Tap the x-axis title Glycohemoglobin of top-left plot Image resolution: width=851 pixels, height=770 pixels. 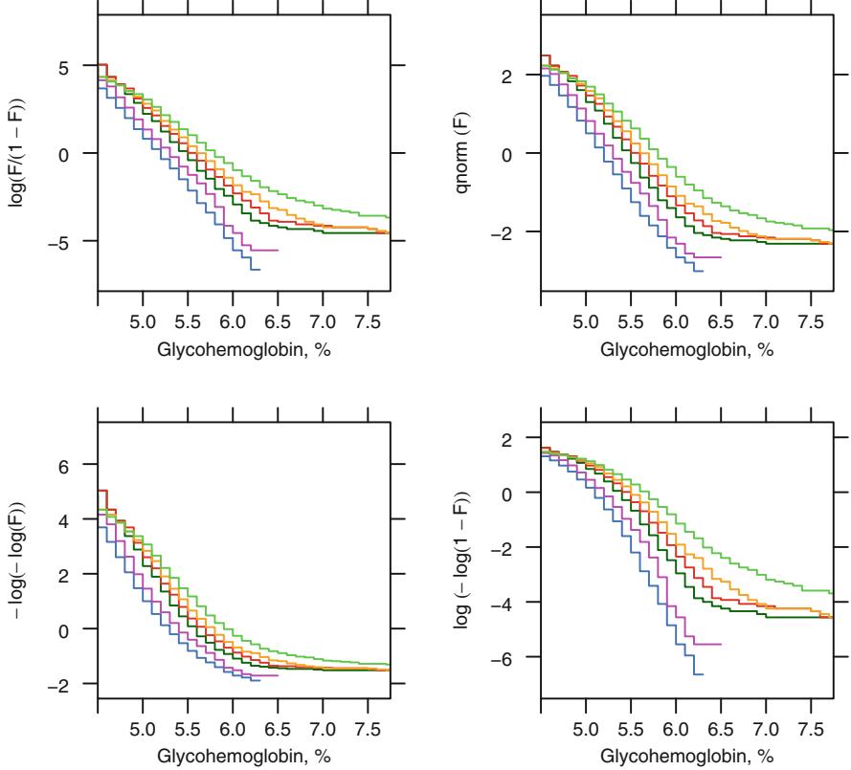click(242, 347)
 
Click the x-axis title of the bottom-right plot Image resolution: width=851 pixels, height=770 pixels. click(686, 755)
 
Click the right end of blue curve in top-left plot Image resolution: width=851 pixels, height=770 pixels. click(260, 270)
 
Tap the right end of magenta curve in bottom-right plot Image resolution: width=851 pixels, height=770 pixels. click(721, 644)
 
